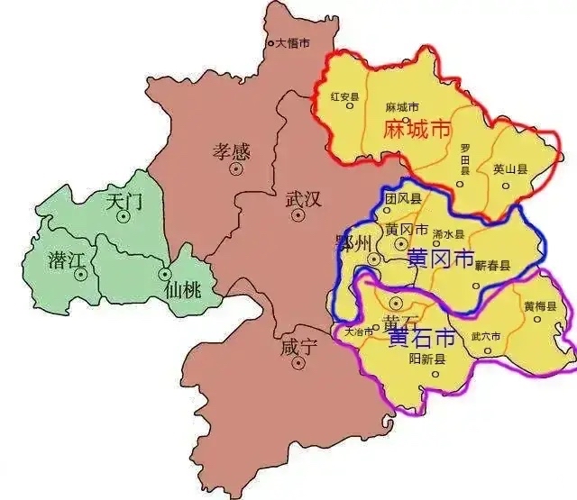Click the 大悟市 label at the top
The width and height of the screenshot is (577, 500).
[x=293, y=42]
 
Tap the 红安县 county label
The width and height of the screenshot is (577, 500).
[x=345, y=96]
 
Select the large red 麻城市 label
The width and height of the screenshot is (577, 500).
[x=417, y=129]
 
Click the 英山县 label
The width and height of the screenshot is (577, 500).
[x=508, y=168]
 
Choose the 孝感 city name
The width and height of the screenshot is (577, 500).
[x=231, y=150]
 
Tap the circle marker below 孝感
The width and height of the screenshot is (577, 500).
[x=237, y=168]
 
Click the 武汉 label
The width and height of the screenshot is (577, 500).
[x=303, y=199]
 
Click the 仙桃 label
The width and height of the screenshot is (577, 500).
[x=184, y=290]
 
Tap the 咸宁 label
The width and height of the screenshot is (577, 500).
[x=300, y=348]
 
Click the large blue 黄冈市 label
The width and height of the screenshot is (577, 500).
[x=441, y=259]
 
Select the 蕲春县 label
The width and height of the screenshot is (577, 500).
[x=493, y=266]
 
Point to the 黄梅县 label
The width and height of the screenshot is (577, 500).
[x=539, y=306]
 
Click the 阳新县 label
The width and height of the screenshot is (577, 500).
[x=427, y=358]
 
